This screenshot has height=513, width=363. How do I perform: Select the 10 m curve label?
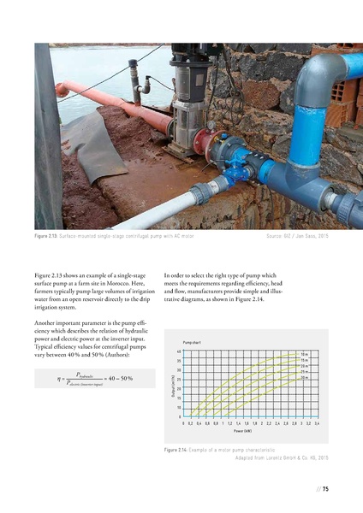click(305, 353)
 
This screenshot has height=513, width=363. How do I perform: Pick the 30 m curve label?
click(305, 378)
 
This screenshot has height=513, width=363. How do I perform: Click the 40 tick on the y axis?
click(178, 351)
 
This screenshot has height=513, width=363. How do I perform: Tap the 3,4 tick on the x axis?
click(317, 424)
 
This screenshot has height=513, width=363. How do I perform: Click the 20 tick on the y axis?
click(178, 389)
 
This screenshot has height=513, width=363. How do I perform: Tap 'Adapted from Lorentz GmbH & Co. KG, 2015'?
click(282, 459)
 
